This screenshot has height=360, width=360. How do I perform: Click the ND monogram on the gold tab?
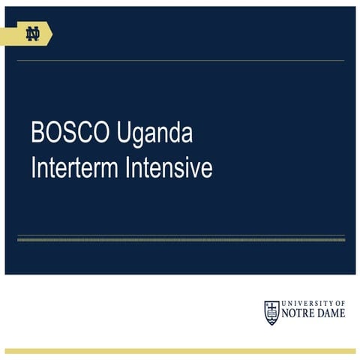pyautogui.click(x=32, y=34)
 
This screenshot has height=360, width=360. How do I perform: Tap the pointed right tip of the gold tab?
pyautogui.click(x=51, y=34)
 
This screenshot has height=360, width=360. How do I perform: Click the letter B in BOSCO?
pyautogui.click(x=37, y=133)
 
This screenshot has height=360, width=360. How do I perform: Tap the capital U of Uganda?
pyautogui.click(x=124, y=133)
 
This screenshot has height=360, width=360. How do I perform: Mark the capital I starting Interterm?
pyautogui.click(x=33, y=168)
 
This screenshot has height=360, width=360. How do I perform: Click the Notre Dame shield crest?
pyautogui.click(x=271, y=311)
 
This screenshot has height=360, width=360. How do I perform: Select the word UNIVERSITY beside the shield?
pyautogui.click(x=307, y=303)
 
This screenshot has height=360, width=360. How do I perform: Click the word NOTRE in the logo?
pyautogui.click(x=298, y=314)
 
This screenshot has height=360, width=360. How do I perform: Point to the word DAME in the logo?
pyautogui.click(x=331, y=314)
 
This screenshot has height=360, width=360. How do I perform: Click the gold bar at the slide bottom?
pyautogui.click(x=180, y=350)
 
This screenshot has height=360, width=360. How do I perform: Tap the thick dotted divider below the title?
pyautogui.click(x=180, y=239)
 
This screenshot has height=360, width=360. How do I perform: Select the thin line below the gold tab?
pyautogui.click(x=180, y=60)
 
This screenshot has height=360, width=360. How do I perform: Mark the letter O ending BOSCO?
pyautogui.click(x=104, y=133)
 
